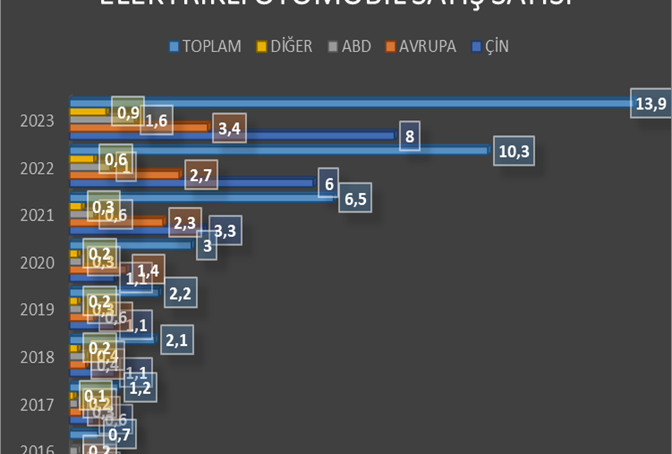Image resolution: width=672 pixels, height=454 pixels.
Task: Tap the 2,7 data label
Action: pos(201,176)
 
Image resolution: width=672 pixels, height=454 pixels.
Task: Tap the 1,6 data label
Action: pos(156,121)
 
